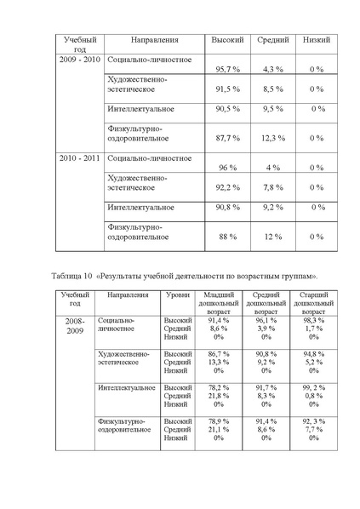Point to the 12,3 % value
pyautogui.click(x=272, y=137)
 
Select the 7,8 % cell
pyautogui.click(x=272, y=187)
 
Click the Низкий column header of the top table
pyautogui.click(x=317, y=40)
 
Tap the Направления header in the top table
pyautogui.click(x=154, y=40)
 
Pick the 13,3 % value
pyautogui.click(x=218, y=362)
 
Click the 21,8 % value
pyautogui.click(x=218, y=396)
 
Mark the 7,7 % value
pyautogui.click(x=313, y=430)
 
